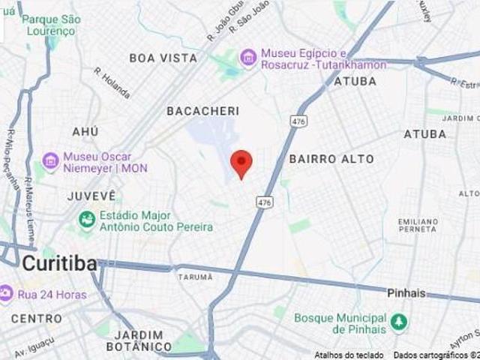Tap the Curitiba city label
pos(59,264)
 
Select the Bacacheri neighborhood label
pos(202,111)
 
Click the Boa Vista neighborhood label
pos(163,58)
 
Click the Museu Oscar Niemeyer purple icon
pos(51,162)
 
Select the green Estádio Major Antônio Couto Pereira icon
pos(87,220)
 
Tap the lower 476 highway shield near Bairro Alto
pos(263,202)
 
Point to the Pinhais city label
pos(406,292)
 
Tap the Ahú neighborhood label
pos(85,132)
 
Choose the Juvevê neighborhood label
pos(91,196)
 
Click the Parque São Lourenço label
pos(50,25)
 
